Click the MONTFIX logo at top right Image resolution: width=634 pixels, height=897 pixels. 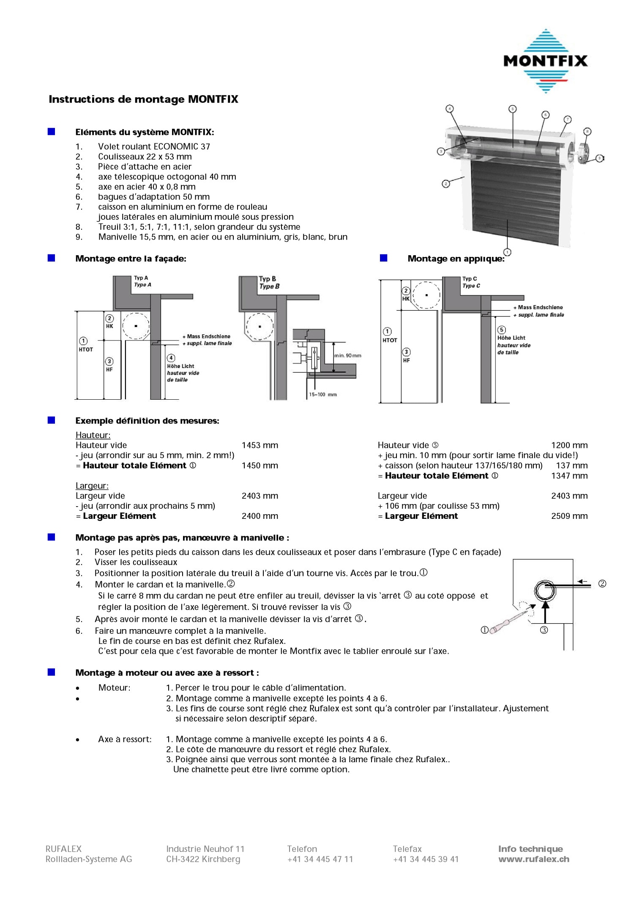point(546,61)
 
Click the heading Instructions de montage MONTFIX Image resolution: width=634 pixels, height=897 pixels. point(143,99)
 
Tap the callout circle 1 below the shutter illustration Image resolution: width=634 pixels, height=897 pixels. point(507,252)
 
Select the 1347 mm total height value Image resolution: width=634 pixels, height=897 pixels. point(569,476)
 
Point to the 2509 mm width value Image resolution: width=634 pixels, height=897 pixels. point(569,516)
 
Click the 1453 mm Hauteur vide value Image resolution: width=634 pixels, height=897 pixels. point(260,445)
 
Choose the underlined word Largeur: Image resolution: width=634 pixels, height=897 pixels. point(92,486)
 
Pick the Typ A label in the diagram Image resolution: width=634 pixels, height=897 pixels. point(141,278)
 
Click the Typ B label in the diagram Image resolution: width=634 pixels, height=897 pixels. point(268,279)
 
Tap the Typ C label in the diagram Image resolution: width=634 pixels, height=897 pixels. point(470,279)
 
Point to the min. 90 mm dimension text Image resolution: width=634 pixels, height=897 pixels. point(347,355)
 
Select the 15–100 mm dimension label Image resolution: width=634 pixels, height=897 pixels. point(322,395)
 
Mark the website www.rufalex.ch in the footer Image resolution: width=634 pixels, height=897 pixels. point(533,859)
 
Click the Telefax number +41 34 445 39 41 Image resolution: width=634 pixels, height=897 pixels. point(426,859)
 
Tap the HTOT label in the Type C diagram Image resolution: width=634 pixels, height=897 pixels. point(390,340)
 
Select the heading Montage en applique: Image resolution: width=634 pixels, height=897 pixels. point(456,259)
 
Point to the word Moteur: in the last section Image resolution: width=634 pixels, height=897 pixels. point(114,687)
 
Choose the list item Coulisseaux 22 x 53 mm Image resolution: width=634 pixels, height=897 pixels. point(145,157)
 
